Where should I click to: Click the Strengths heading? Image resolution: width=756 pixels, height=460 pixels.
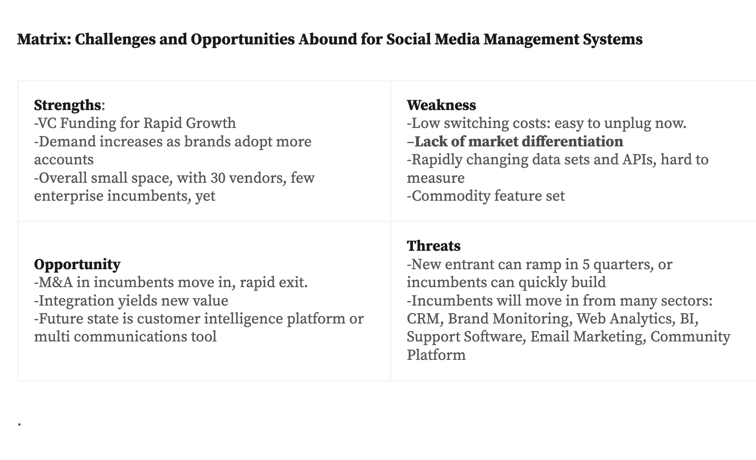pyautogui.click(x=67, y=105)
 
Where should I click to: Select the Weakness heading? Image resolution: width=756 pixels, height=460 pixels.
pyautogui.click(x=441, y=105)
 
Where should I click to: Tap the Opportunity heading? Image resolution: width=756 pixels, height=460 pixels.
pyautogui.click(x=77, y=264)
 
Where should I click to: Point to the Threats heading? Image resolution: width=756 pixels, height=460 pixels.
pyautogui.click(x=434, y=246)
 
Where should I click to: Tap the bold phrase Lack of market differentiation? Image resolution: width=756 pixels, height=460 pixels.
pyautogui.click(x=519, y=142)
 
